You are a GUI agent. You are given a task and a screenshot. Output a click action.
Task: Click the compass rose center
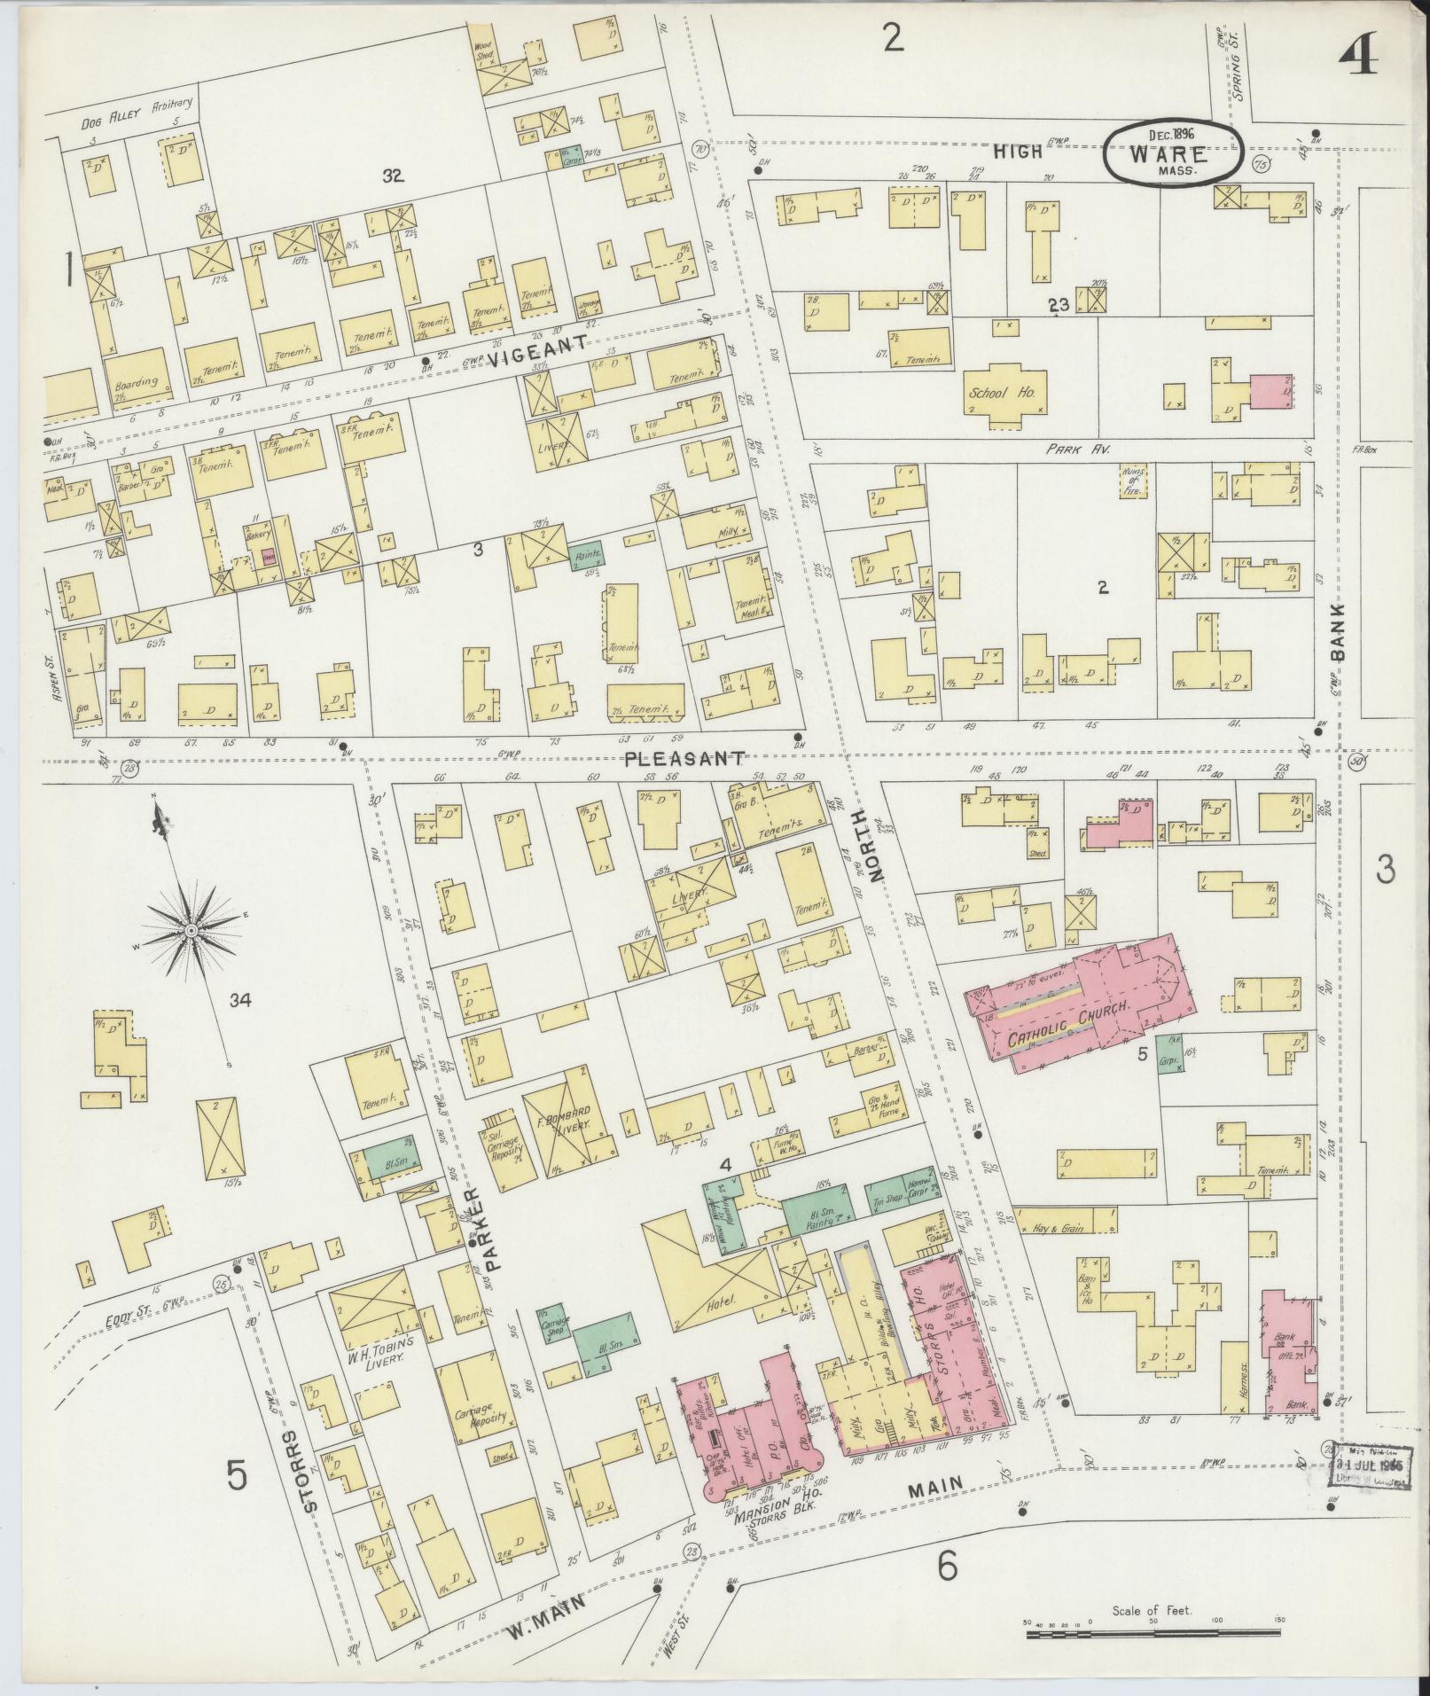[191, 930]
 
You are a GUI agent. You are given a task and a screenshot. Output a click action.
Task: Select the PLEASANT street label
[683, 759]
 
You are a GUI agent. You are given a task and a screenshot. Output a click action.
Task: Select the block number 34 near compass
[240, 1001]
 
